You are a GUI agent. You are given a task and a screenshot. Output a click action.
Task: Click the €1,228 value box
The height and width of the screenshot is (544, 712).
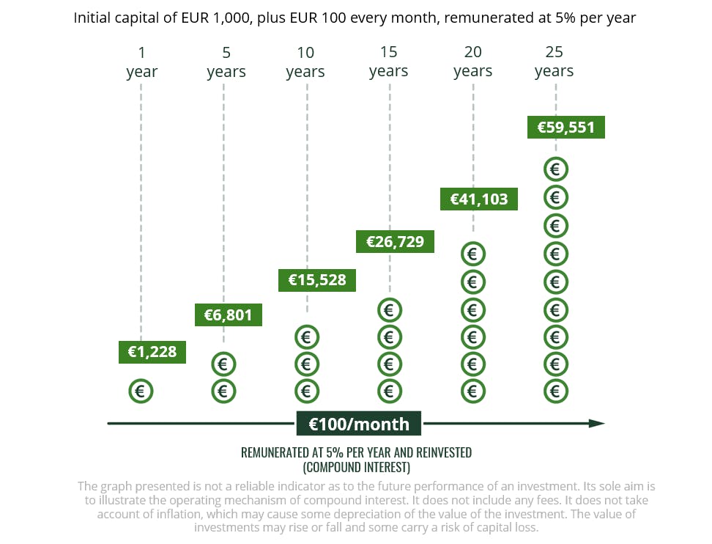152,352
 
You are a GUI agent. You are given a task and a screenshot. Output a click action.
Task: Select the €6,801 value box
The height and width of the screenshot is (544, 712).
228,315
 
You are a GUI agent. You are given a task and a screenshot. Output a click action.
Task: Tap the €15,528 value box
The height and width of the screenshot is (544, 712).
317,279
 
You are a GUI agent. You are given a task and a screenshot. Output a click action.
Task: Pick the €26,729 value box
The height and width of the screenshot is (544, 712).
395,241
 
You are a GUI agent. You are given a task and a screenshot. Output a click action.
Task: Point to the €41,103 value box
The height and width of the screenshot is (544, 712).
478,199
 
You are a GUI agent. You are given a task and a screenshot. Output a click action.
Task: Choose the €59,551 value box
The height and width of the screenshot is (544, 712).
566,127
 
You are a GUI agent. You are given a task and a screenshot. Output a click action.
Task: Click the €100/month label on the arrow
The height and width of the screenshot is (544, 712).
358,424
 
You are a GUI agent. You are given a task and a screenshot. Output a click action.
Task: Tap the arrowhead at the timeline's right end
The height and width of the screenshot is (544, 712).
597,424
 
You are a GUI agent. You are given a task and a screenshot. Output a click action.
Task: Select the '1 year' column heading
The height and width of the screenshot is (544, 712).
141,62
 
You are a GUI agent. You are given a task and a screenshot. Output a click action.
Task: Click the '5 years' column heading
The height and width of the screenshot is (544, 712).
226,62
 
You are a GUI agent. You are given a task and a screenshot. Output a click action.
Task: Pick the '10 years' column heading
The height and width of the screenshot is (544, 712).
305,62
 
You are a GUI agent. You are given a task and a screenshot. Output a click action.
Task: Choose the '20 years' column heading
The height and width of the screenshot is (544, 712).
472,62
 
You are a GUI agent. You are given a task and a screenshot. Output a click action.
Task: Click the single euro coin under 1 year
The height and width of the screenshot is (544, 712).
141,392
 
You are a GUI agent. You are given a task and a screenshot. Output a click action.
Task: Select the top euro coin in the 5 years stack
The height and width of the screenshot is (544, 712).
223,364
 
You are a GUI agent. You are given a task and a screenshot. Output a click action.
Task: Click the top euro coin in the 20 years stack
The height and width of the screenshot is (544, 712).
472,254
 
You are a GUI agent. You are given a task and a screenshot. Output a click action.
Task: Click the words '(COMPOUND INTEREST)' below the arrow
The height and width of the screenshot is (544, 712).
356,467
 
